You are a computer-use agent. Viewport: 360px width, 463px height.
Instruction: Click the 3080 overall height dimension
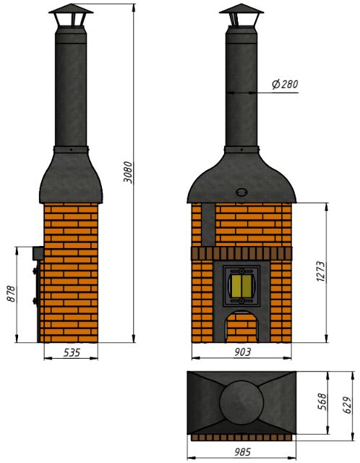128,172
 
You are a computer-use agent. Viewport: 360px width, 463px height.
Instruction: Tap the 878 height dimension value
12,294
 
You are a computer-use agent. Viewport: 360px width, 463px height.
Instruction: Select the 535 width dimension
72,352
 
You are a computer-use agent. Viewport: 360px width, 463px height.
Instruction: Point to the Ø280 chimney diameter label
285,84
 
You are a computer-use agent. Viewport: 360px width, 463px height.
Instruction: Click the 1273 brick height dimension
320,271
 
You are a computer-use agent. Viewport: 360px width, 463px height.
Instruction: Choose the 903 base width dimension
243,352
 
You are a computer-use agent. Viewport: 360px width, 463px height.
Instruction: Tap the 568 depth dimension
322,402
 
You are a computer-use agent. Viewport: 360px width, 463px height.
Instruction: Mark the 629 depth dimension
347,405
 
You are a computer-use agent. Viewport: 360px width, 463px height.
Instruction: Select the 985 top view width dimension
243,452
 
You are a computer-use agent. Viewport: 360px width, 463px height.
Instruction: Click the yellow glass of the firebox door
241,286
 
